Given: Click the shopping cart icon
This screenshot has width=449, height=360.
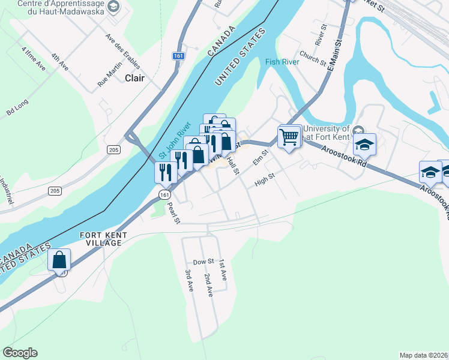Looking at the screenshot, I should tap(289, 137).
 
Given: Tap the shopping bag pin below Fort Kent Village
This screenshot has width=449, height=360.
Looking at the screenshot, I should tap(59, 260).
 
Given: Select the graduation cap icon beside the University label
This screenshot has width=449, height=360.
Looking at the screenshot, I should tap(364, 145).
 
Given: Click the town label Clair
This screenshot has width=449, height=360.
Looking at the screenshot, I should tap(135, 78).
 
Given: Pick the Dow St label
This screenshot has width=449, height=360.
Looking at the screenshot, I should tap(203, 262).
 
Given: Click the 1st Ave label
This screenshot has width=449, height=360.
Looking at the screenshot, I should tap(223, 271).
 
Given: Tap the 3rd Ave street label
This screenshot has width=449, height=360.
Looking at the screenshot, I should tap(188, 281).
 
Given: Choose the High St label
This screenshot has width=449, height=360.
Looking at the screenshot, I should tap(264, 179).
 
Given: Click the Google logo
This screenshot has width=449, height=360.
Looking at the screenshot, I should tap(20, 353).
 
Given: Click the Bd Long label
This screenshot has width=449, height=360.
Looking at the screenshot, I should tap(17, 107).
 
